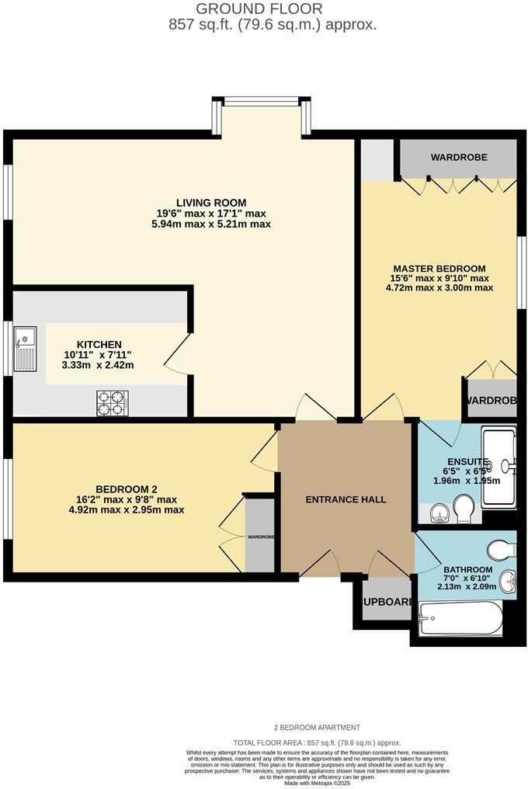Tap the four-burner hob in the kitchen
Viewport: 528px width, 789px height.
(112, 402)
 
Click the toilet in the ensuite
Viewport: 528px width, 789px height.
(466, 509)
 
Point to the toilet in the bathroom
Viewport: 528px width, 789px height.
(502, 550)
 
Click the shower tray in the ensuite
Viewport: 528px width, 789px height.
(498, 466)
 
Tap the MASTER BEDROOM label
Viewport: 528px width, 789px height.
(439, 268)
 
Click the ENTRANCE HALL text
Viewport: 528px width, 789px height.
(346, 499)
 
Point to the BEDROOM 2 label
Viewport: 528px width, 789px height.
(126, 488)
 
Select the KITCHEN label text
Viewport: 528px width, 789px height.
(99, 344)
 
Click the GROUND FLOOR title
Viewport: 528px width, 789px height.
(259, 9)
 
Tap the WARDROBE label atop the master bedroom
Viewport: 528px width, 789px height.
(459, 158)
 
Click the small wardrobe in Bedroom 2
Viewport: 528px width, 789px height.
(260, 535)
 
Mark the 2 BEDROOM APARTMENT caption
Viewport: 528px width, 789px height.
(317, 728)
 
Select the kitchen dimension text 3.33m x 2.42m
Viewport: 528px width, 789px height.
(99, 364)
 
